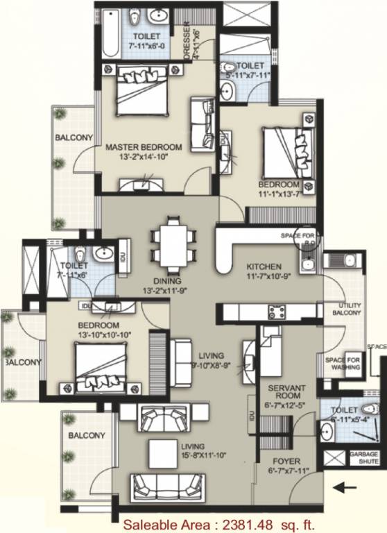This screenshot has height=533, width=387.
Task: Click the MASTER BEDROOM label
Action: pos(144,147)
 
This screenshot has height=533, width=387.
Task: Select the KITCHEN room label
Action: pos(264,266)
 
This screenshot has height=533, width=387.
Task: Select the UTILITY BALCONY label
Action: pos(350,310)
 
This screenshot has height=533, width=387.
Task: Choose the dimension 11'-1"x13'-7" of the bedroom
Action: pos(282,194)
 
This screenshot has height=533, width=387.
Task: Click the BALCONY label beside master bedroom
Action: pos(74,139)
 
